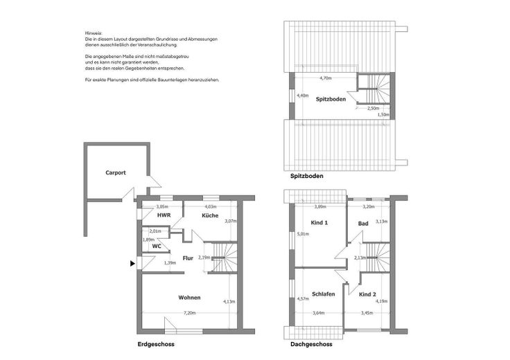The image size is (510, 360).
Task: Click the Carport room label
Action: pos(116,172)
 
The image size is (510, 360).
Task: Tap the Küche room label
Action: pos(211,216)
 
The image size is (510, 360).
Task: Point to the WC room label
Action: pos(157,245)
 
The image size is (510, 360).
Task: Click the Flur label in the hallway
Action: pos(188,259)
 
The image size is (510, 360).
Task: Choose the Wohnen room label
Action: pos(189,298)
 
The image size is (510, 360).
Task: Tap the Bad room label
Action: pos(362,224)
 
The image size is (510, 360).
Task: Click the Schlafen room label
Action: pos(323,294)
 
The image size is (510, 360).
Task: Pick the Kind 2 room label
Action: pos(368,294)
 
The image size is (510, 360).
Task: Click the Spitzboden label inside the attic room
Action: pos(331,100)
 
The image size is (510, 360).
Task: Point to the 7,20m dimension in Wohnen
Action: pos(189,313)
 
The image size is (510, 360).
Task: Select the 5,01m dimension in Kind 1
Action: pos(303,234)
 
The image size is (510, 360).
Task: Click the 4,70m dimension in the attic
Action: pos(324,79)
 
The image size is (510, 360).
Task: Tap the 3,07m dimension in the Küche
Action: pos(231,221)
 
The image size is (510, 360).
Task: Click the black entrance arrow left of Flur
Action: pos(132,263)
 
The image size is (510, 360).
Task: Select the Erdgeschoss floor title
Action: pos(156,344)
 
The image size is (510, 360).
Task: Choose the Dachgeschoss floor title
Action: pos(311,344)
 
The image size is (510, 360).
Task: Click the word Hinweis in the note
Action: pos(93,33)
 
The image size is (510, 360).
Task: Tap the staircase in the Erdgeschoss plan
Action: pos(222,257)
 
